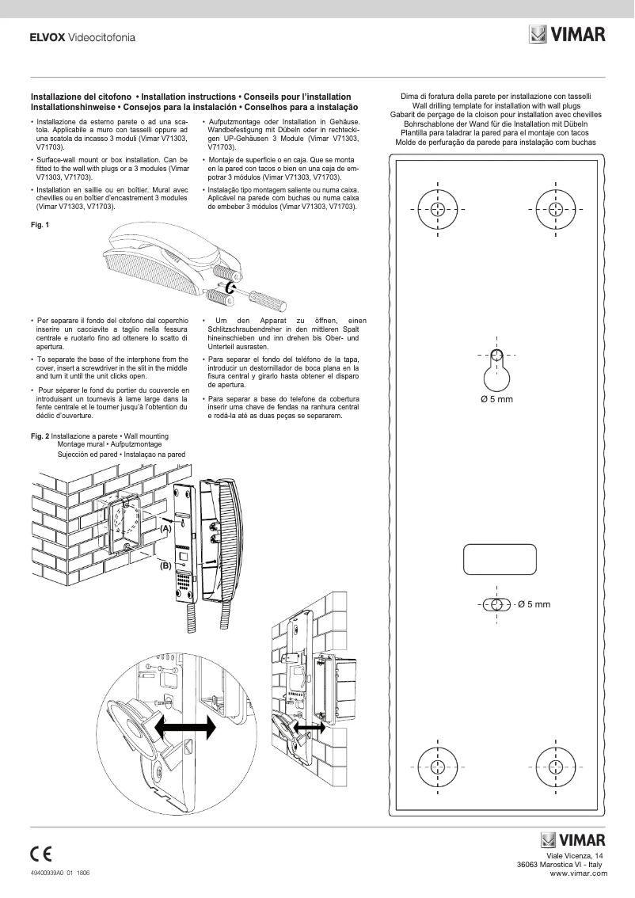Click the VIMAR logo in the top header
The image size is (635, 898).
click(x=567, y=35)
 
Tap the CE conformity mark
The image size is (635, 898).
click(x=41, y=854)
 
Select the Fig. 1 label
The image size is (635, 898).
click(x=39, y=226)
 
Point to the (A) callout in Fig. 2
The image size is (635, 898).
click(x=165, y=527)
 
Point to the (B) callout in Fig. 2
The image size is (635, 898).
click(x=165, y=565)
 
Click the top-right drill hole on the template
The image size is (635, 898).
click(x=553, y=208)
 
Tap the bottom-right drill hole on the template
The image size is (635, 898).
click(x=553, y=766)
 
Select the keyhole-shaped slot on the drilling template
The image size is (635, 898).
click(x=496, y=371)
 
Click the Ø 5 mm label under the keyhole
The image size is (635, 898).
click(x=496, y=399)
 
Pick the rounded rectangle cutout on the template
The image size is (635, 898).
click(x=495, y=559)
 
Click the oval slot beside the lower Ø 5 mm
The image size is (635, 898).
click(x=496, y=604)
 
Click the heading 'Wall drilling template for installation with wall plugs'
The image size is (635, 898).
click(x=496, y=105)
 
